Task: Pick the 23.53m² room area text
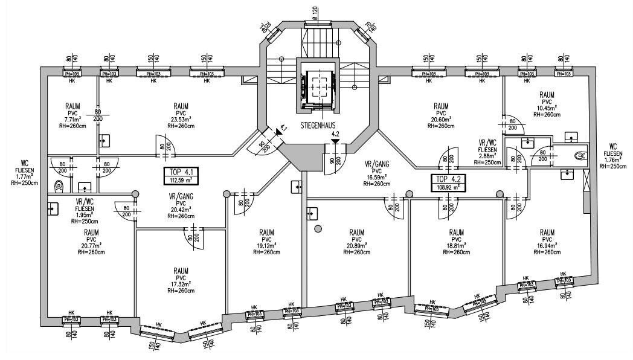[x=180, y=119]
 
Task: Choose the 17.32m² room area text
[x=180, y=284]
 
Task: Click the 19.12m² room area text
[x=268, y=246]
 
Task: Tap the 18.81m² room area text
[x=456, y=246]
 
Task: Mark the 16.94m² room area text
[x=547, y=246]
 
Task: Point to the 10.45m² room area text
[x=547, y=108]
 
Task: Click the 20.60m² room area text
[x=440, y=120]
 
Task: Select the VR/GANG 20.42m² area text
[x=181, y=210]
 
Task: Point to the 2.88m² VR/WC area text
[x=486, y=156]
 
